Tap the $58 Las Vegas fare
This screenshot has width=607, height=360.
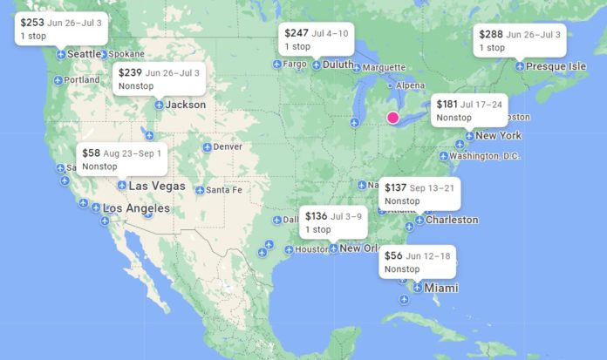coord(91,153)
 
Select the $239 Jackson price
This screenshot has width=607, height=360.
coord(130,73)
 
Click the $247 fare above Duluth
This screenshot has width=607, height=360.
coord(297,33)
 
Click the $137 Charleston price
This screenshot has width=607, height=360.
coord(395,188)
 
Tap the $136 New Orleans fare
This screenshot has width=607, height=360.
coord(316,216)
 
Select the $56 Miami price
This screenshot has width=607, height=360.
coord(393,255)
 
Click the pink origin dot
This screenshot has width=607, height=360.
coord(392,117)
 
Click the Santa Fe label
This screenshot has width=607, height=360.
coord(223,190)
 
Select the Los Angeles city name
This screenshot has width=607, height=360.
coord(136,208)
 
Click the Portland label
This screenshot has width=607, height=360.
coord(81,80)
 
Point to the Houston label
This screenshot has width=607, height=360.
coord(311,249)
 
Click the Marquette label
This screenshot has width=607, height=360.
coord(384,67)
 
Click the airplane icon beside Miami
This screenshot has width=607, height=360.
coord(418,288)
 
